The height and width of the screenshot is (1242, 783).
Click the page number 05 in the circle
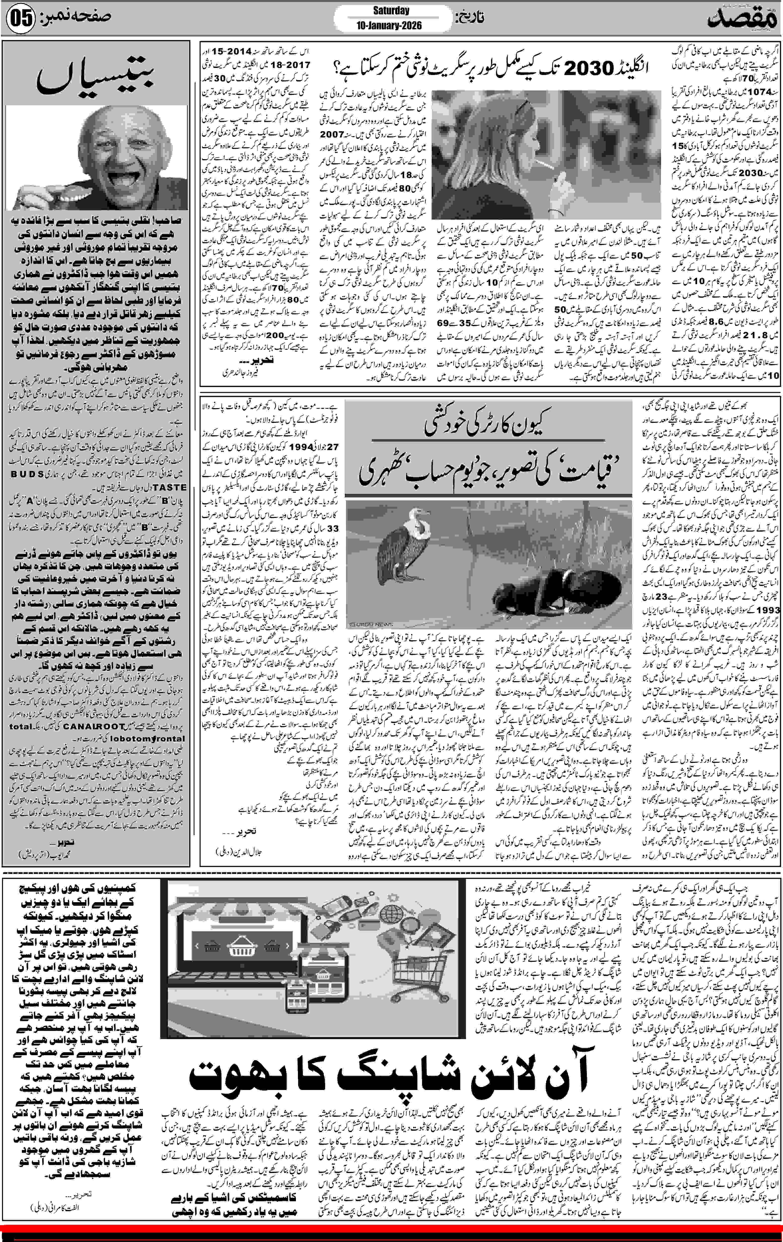point(21,19)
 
